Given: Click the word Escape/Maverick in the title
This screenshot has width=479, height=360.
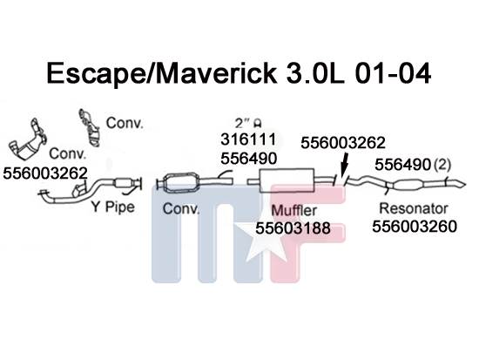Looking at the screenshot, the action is tap(162, 73).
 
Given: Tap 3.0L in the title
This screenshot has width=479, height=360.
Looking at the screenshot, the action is tap(315, 73).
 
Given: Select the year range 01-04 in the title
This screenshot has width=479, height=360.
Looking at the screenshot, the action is tap(394, 73).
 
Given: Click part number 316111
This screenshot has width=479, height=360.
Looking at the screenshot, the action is tap(248, 139).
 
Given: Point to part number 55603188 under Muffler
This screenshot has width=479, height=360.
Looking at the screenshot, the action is tap(293, 228).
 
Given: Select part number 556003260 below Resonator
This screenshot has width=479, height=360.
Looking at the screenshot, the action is tap(415, 227).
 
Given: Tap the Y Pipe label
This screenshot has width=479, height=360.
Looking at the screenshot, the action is tap(113, 207).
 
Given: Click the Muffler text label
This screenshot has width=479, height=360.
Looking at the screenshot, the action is tap(293, 210).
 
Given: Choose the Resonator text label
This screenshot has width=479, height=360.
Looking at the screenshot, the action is tap(414, 208).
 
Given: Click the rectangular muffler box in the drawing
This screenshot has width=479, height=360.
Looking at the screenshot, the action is tap(287, 180).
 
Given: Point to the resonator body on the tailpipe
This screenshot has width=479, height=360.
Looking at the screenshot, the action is tap(408, 185).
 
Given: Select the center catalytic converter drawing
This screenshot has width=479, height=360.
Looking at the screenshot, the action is tap(181, 184).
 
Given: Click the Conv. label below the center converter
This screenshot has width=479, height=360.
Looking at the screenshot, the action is tap(181, 209).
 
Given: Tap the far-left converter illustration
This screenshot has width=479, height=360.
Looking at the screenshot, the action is tap(28, 139).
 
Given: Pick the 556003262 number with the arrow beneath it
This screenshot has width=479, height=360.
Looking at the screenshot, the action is tap(343, 143).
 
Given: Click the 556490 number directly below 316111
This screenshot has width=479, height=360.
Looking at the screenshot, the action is tap(249, 159).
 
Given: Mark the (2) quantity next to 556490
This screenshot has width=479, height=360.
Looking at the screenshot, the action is tap(442, 165).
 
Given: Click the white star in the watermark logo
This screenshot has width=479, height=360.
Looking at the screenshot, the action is tap(263, 240).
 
